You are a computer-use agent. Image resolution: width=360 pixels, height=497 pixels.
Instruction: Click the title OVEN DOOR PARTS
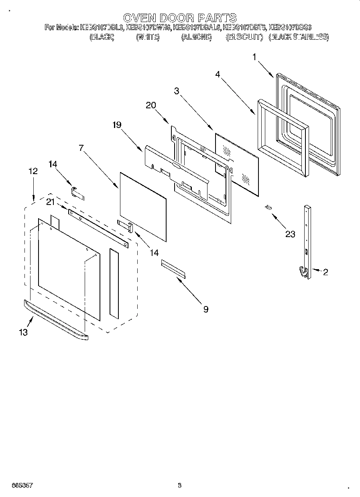click(x=179, y=18)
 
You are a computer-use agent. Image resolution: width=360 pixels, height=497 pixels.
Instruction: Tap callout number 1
click(x=254, y=57)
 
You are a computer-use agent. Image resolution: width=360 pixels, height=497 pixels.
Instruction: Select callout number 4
click(x=217, y=74)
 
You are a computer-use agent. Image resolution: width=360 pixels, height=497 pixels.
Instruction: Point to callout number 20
click(x=151, y=105)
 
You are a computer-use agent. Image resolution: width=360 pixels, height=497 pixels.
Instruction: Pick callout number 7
click(x=81, y=148)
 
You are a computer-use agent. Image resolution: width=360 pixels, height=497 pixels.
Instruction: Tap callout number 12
click(x=33, y=171)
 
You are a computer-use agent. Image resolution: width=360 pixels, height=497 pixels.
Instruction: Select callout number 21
click(x=50, y=202)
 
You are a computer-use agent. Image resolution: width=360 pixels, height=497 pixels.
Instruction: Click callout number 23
click(x=290, y=234)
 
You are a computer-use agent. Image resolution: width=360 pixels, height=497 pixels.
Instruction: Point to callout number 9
click(x=205, y=309)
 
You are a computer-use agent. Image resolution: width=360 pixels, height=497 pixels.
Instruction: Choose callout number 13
click(x=24, y=333)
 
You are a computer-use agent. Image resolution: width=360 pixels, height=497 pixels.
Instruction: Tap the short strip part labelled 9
click(x=173, y=269)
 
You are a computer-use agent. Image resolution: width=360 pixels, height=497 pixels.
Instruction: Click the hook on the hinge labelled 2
click(x=303, y=272)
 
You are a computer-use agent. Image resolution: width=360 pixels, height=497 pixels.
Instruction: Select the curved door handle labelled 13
click(x=56, y=321)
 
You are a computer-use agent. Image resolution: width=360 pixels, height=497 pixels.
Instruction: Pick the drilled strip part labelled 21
click(x=98, y=227)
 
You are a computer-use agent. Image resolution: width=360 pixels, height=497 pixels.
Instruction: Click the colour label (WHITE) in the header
click(x=148, y=37)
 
